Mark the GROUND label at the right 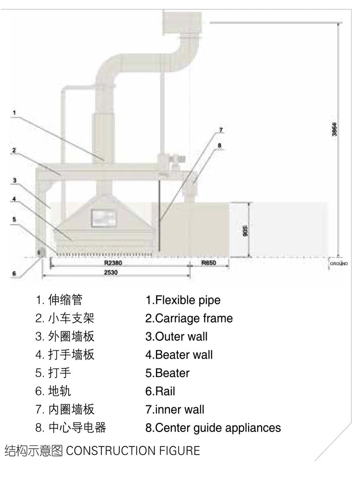point(339,264)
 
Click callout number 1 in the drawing point(14,113)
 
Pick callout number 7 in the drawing point(221,130)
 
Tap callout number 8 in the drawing point(220,145)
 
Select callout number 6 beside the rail point(14,273)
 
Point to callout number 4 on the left point(14,198)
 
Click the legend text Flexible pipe point(183,300)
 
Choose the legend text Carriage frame point(189,318)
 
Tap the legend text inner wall point(175,409)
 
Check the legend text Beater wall point(179,355)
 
